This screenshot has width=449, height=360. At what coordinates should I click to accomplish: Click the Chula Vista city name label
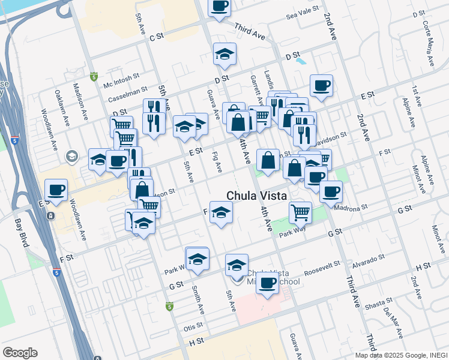point(256,196)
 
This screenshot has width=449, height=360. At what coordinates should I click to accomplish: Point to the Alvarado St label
point(369,262)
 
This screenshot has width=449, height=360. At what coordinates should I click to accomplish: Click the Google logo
point(20,353)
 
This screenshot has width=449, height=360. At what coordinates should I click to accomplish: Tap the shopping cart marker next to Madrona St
point(300,212)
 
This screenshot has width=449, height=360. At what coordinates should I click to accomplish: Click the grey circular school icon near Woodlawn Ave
point(71,157)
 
